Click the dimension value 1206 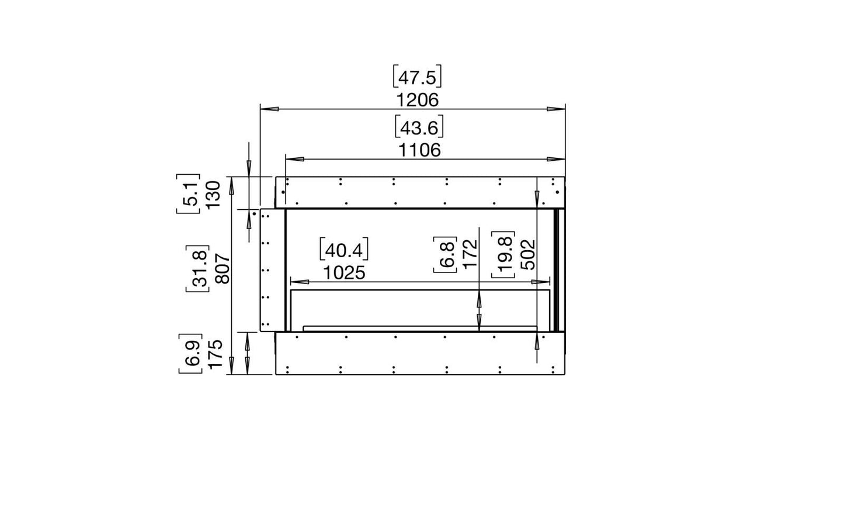pos(418,101)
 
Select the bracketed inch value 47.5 pos(417,77)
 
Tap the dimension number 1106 pos(419,150)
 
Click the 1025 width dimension pos(345,273)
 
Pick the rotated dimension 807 pos(223,269)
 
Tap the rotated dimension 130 pos(213,195)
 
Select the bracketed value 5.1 pos(189,194)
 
